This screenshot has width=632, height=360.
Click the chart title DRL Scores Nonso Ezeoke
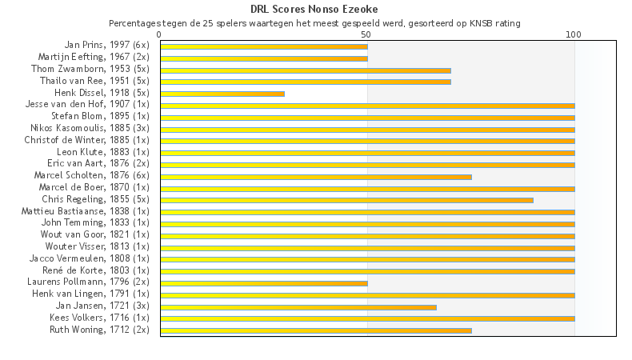click(x=314, y=9)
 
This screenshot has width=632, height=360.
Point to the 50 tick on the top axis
click(x=366, y=34)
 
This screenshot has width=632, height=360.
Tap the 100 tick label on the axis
click(x=574, y=34)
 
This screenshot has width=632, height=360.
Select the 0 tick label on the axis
click(x=160, y=34)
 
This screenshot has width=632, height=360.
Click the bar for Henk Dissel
click(x=222, y=94)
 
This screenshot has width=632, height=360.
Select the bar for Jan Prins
click(x=264, y=46)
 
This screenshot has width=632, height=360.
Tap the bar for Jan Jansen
click(x=298, y=306)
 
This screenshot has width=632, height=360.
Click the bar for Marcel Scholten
click(x=316, y=176)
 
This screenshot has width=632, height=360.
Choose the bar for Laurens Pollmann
click(x=264, y=282)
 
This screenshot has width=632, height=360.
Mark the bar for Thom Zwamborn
click(x=306, y=70)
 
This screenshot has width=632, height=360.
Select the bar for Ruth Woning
click(x=316, y=330)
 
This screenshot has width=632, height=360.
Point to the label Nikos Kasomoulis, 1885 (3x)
click(x=90, y=128)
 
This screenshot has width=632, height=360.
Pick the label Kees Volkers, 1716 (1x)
click(x=99, y=318)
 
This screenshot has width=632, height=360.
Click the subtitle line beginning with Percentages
click(x=314, y=23)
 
